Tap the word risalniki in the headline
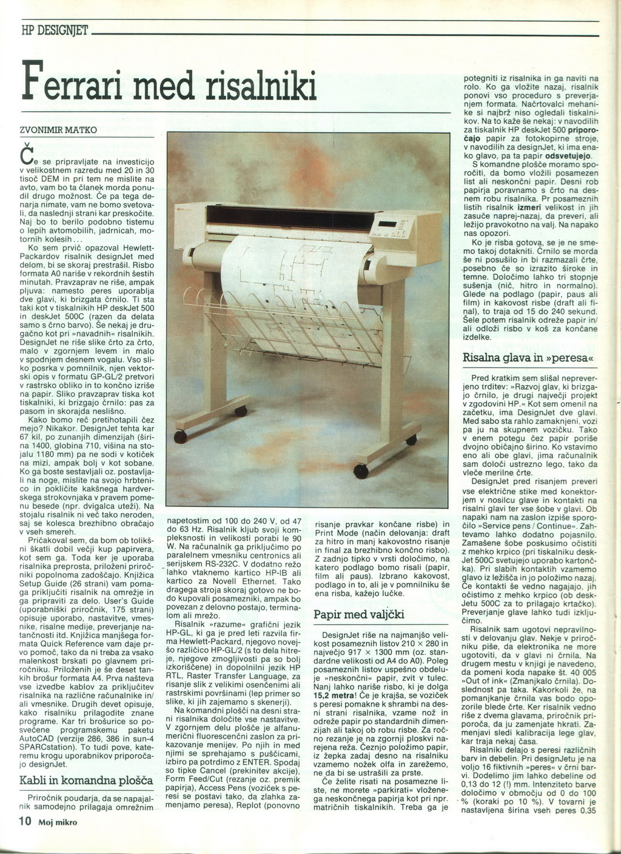tap(263, 84)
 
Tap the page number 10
tap(24, 822)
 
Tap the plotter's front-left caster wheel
tap(180, 436)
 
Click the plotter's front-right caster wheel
tap(361, 469)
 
